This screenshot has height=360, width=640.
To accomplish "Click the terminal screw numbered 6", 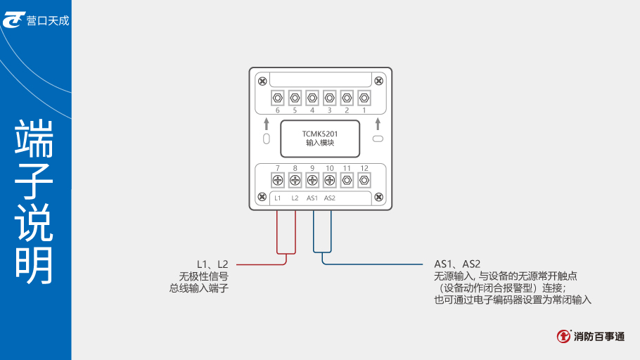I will pos(277,97).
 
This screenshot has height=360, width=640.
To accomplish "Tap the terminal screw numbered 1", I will pos(364,97).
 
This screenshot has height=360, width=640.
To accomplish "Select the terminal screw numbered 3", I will pos(329,97).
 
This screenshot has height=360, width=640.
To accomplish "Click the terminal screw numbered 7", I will pos(277,180).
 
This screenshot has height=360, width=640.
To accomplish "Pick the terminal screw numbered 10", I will pos(329,180).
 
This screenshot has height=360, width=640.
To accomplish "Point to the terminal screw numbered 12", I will pos(364,180).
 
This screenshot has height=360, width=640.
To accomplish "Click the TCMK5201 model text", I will pos(320,133).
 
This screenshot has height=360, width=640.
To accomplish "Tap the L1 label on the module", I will pos(278,198).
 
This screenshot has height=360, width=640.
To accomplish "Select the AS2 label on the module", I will pos(329,198).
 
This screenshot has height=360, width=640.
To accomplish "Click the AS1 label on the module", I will pos(312,198).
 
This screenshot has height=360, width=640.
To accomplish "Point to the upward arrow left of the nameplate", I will pos(267,124).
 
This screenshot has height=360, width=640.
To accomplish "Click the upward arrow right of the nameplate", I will pos(378,124).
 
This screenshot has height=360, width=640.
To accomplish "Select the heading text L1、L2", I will pos(212,264).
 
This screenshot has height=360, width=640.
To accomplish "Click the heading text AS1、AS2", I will pos(457,264).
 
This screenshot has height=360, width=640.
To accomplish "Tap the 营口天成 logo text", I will pos(48,20).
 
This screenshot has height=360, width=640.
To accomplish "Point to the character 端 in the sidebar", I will pos(34,139).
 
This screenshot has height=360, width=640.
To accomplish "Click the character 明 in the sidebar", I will pos(34,264).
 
